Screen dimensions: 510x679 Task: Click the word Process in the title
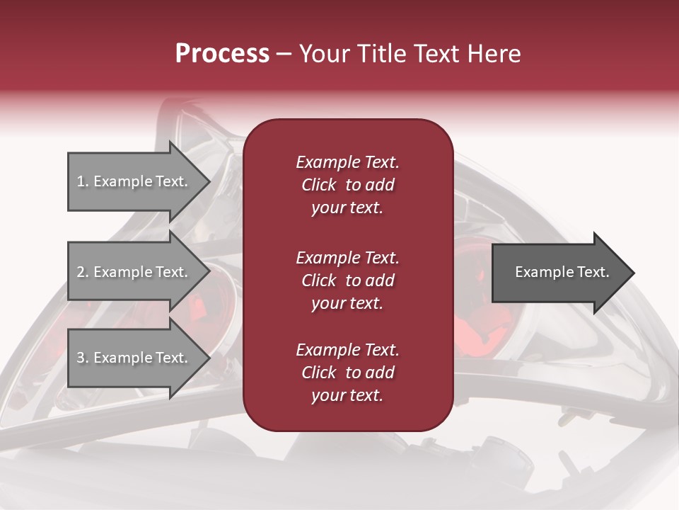222,54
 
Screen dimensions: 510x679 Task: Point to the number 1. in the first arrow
83,181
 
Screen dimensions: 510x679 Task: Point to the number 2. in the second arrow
83,272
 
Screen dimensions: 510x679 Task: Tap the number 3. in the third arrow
83,358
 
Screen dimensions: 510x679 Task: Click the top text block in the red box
347,185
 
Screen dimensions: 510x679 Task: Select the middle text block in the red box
347,280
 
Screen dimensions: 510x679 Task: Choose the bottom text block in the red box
347,373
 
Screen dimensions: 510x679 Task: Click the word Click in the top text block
319,186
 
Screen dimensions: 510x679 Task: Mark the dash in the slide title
284,55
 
